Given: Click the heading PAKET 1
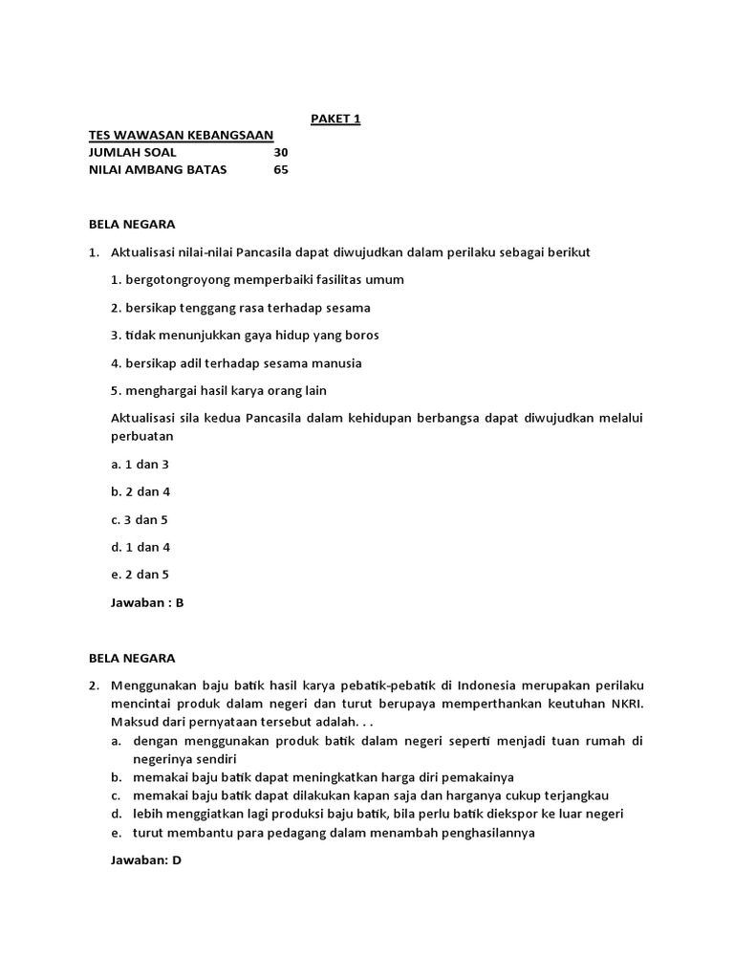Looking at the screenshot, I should pyautogui.click(x=335, y=120).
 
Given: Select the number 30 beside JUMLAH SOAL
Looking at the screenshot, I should pyautogui.click(x=280, y=153).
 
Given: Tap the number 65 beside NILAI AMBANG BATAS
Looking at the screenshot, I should pyautogui.click(x=280, y=170).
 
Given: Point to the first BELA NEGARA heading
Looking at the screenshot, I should pyautogui.click(x=132, y=225).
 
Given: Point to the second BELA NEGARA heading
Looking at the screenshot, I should pyautogui.click(x=132, y=659).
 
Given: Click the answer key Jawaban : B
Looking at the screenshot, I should pyautogui.click(x=147, y=603).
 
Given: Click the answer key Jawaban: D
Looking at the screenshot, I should pyautogui.click(x=146, y=860).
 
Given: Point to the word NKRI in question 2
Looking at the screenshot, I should pyautogui.click(x=625, y=703).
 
